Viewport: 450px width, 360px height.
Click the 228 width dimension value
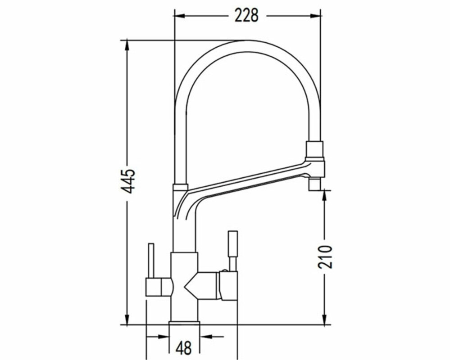pos(246,15)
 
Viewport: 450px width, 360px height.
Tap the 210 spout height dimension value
pos(325,256)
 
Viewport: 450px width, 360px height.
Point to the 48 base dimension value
pos(184,348)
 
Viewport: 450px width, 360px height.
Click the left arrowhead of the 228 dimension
pos(180,16)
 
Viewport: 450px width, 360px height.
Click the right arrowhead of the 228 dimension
pos(316,16)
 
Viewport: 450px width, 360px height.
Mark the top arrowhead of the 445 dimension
pos(127,46)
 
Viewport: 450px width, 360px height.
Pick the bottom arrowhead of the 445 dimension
pos(127,319)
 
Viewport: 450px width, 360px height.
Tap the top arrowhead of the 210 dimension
pos(325,195)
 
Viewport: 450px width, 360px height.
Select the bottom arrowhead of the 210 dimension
pos(325,319)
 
